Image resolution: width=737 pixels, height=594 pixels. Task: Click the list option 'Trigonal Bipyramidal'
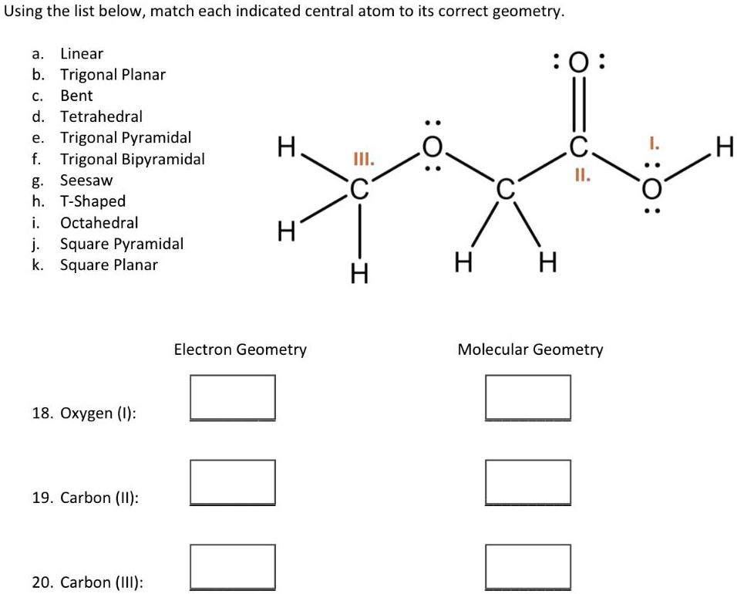133,159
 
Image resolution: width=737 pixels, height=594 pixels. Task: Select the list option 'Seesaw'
86,180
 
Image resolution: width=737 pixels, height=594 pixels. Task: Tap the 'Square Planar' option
109,265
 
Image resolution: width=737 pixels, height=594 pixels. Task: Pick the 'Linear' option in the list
82,53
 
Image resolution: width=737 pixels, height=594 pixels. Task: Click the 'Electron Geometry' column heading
240,349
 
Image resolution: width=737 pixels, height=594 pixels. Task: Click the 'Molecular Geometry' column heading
530,349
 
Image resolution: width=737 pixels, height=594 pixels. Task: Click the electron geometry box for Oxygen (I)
233,397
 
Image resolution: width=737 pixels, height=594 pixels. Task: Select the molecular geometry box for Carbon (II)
528,482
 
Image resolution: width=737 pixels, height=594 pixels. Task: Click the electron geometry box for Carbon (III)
233,567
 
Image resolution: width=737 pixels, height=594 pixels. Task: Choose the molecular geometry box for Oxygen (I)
528,397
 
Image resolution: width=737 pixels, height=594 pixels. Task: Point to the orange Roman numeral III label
362,160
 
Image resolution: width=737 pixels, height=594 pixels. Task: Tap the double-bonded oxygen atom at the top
581,62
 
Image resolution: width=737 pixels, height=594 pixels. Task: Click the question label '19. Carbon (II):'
86,498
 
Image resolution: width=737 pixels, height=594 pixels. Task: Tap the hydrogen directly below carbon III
357,272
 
